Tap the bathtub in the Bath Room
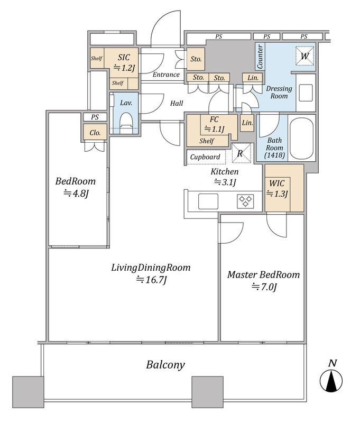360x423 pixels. [x=301, y=137]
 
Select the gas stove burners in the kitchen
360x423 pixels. [x=245, y=201]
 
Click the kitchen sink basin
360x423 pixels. [x=208, y=201]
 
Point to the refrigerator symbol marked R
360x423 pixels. [x=242, y=153]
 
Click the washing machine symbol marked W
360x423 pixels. [x=304, y=56]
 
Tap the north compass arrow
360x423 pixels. [x=331, y=381]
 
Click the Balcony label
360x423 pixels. [x=165, y=365]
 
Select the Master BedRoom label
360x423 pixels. [x=263, y=274]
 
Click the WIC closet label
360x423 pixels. [x=276, y=183]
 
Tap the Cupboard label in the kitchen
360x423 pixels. [x=205, y=157]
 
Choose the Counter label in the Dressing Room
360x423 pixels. [x=260, y=57]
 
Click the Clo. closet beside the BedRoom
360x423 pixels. [x=95, y=133]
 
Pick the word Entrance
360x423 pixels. [x=166, y=75]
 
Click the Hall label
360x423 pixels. [x=177, y=103]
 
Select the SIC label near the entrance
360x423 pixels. [x=124, y=57]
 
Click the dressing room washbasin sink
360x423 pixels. [x=306, y=93]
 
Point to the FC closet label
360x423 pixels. [x=214, y=119]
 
